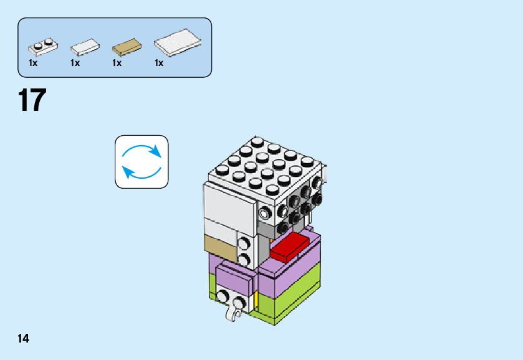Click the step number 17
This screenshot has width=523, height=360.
point(32,101)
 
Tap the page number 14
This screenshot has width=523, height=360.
point(23,339)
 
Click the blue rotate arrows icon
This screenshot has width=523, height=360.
point(142,161)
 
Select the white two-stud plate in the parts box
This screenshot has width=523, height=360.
point(42,45)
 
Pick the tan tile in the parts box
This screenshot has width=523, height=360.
point(127,47)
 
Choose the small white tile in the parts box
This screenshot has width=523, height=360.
point(85,47)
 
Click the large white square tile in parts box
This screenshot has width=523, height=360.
point(178,42)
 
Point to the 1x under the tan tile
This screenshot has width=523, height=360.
point(117,63)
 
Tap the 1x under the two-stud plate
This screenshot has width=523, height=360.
point(33,63)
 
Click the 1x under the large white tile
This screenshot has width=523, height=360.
point(159,63)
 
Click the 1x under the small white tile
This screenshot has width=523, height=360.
point(75,63)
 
